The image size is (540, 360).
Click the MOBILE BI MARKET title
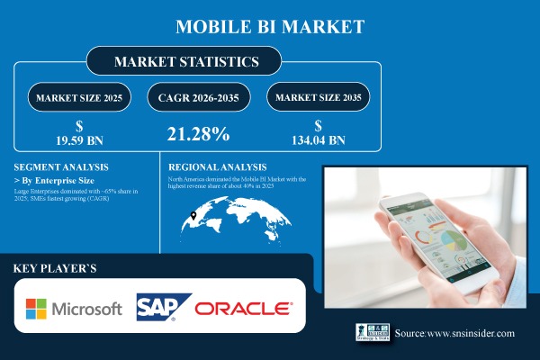(270, 25)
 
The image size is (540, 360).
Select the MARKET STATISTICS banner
(184, 62)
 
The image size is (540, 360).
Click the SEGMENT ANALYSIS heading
(61, 166)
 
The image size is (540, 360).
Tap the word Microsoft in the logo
(90, 309)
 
